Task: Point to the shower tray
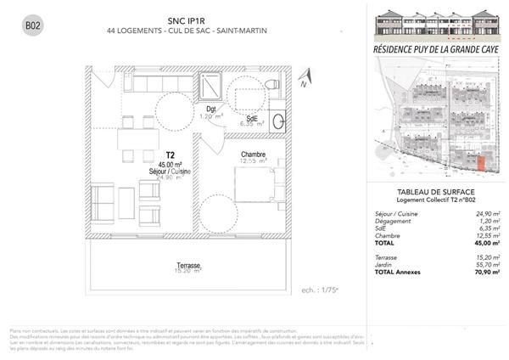(x=210, y=87)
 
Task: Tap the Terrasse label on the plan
(x=187, y=265)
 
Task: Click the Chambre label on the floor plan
(x=253, y=155)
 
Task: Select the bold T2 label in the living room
(x=171, y=155)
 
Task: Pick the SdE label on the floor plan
(x=252, y=117)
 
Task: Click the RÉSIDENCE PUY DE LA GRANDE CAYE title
(x=434, y=52)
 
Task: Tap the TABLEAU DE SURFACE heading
(x=434, y=191)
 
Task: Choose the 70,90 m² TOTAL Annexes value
(x=487, y=272)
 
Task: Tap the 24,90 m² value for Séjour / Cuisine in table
(x=487, y=214)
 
